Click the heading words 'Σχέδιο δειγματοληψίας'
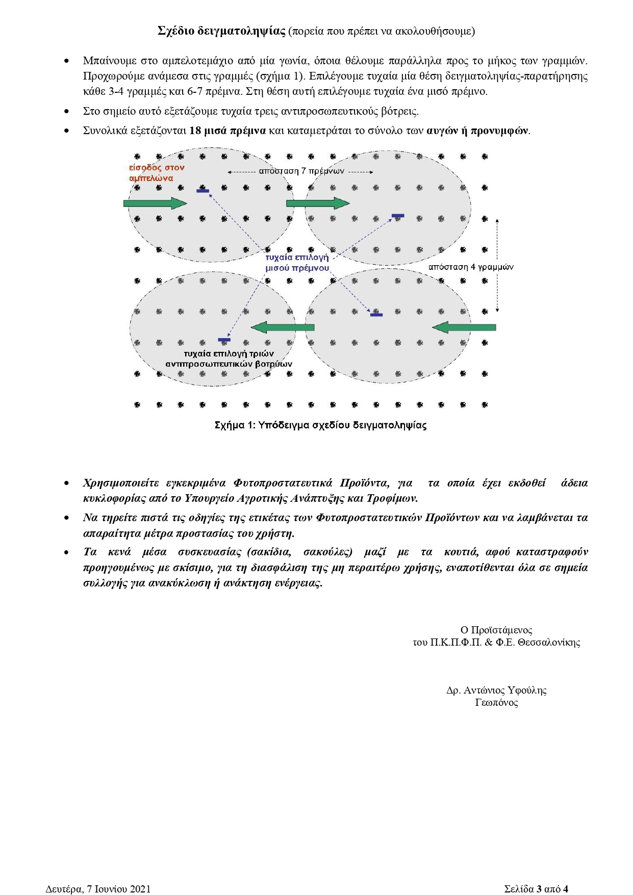click(x=221, y=31)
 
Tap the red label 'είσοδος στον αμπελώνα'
click(x=156, y=173)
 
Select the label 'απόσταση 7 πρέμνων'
click(x=301, y=171)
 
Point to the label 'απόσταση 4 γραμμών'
click(x=470, y=267)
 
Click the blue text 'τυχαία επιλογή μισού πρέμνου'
click(x=297, y=263)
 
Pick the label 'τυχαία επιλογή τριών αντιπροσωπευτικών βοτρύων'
click(x=229, y=359)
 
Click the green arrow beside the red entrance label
click(x=155, y=203)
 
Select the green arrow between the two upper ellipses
click(x=318, y=203)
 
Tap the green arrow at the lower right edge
click(x=464, y=327)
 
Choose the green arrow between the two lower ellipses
click(x=283, y=327)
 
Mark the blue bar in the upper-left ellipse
click(x=202, y=191)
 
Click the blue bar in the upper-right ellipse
click(x=398, y=216)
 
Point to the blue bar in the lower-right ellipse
click(x=376, y=315)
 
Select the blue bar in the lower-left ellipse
click(x=224, y=340)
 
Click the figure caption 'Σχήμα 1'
click(x=320, y=425)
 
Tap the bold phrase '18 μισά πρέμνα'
click(x=227, y=131)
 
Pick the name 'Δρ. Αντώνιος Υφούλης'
click(x=496, y=690)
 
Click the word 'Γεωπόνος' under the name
click(x=496, y=702)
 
